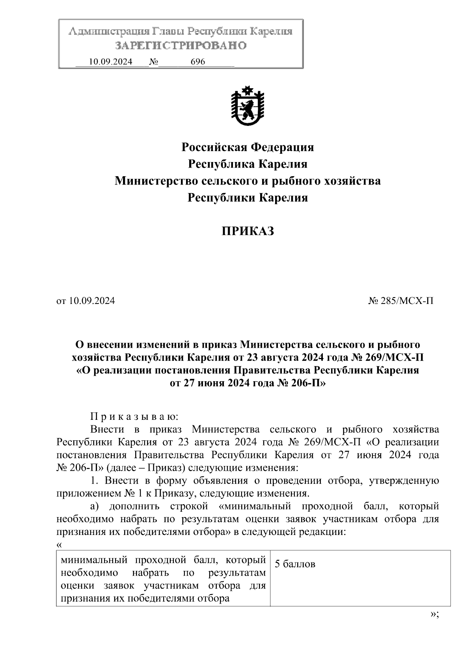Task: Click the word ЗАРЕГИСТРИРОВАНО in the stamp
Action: tap(181, 46)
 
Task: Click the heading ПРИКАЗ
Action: tap(247, 231)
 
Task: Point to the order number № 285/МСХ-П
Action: tap(401, 301)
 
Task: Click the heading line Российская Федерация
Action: tap(248, 147)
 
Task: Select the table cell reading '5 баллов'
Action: tap(295, 564)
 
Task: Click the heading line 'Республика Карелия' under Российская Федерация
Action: tap(248, 164)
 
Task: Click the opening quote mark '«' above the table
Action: tap(59, 545)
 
